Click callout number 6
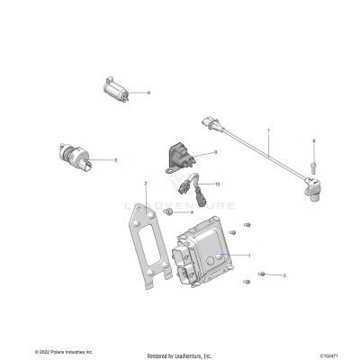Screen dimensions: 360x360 [x=148, y=93]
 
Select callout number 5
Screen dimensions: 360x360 [x=115, y=160]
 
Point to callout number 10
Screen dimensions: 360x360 [x=217, y=184]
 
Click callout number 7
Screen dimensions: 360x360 [x=268, y=131]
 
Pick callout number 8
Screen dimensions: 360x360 [x=313, y=141]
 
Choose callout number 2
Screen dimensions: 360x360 [x=146, y=184]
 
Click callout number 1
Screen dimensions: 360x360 [x=248, y=256]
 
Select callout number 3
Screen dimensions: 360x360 [x=284, y=275]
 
